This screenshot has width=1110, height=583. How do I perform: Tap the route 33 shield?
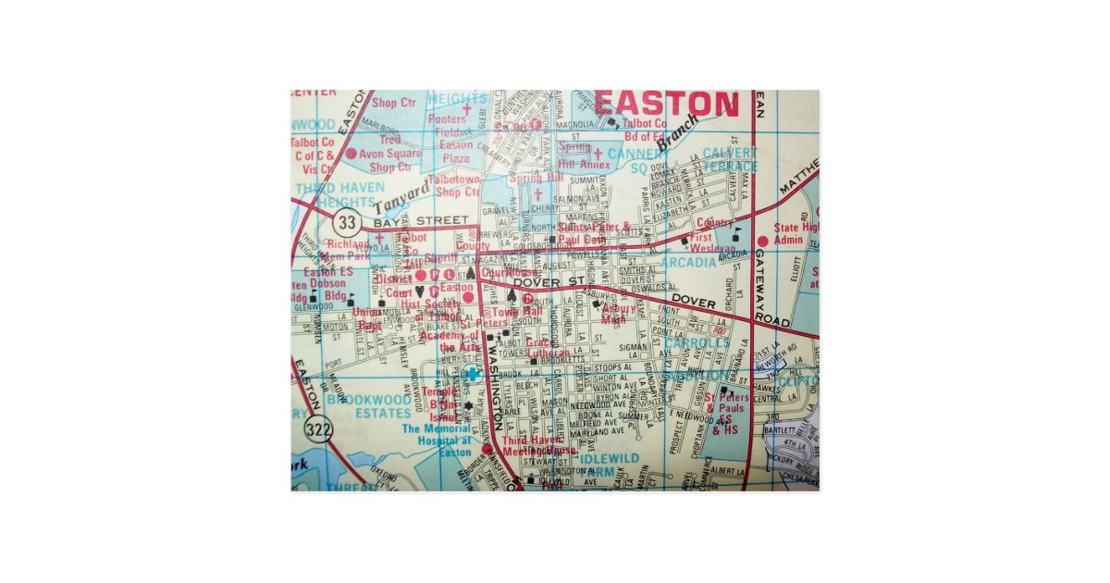(347, 223)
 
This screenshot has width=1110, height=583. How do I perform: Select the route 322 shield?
(317, 428)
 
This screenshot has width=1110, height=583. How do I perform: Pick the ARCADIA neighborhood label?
(689, 263)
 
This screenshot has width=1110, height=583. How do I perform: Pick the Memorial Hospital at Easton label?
(437, 440)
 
